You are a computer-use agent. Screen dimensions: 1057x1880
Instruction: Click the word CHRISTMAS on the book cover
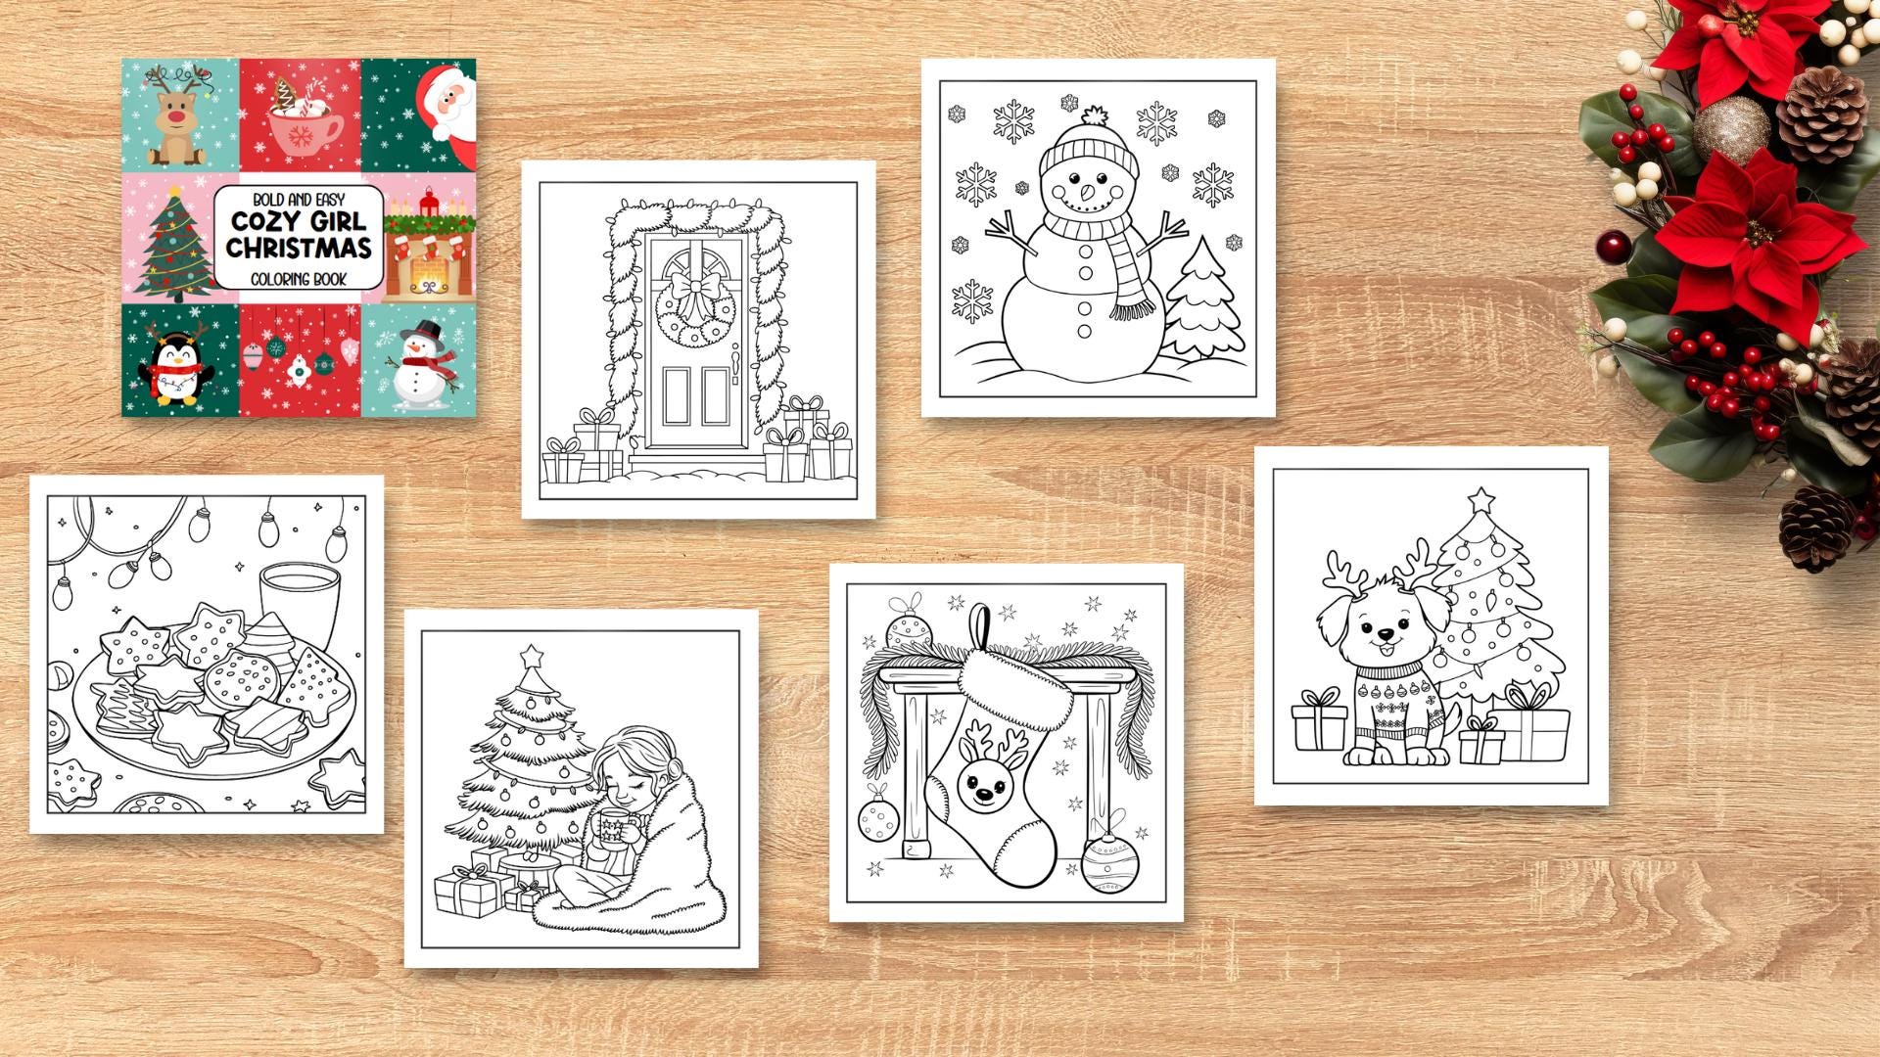(x=299, y=248)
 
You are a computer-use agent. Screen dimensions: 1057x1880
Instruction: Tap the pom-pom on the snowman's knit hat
(x=1096, y=115)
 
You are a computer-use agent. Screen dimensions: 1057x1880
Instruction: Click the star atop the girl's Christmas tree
(x=532, y=655)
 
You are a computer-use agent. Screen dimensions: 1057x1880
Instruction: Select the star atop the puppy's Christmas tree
(x=1481, y=499)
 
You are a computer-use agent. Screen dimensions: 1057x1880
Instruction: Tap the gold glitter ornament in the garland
(x=1731, y=128)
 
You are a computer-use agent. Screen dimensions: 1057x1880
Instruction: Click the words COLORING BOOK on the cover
(x=299, y=279)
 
